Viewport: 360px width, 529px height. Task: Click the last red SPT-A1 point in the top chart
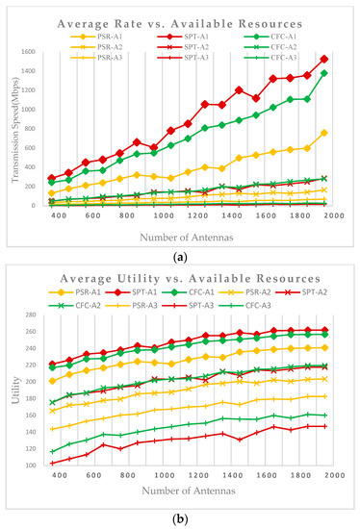click(324, 59)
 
